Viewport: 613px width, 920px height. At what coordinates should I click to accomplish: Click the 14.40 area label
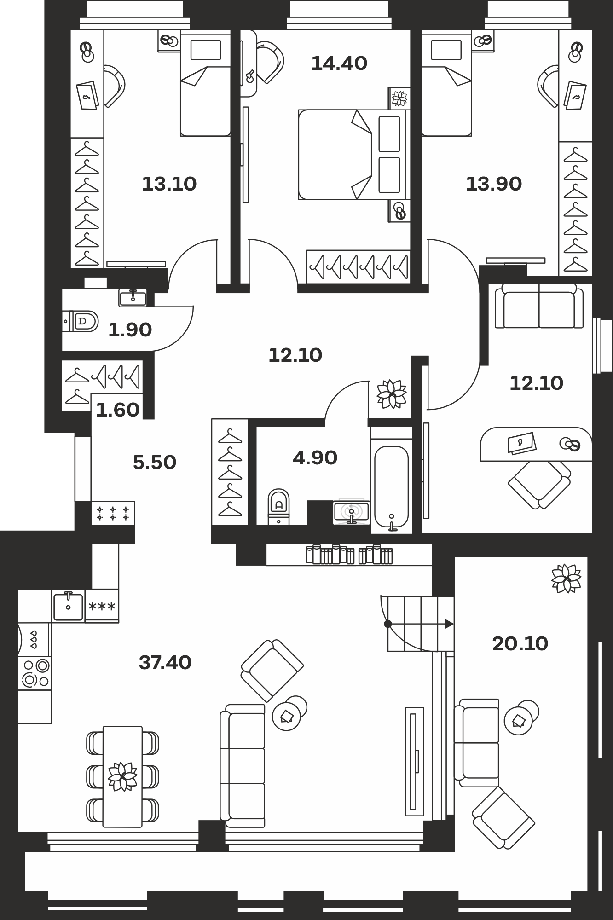point(339,64)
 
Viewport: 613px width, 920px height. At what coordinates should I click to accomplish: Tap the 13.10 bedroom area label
point(169,184)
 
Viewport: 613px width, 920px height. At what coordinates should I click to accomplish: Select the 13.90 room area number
point(494,184)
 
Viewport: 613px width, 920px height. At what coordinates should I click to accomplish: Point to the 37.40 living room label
point(165,663)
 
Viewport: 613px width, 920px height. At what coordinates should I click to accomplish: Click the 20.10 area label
point(520,644)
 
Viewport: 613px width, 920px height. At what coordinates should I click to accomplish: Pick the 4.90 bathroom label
point(315,458)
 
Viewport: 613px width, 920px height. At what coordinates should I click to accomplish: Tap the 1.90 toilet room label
point(130,330)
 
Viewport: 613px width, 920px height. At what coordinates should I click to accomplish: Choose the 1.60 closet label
point(118,410)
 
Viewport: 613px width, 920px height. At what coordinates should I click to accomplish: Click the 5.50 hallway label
point(155,462)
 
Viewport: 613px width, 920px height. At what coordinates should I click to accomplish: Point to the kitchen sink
point(68,606)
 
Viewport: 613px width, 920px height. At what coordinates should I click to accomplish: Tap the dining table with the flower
point(122,776)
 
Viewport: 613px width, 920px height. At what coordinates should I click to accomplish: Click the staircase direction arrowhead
point(449,624)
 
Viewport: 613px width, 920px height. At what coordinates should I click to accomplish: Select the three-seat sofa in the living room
point(243,766)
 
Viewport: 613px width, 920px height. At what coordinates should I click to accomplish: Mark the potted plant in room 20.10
point(566,578)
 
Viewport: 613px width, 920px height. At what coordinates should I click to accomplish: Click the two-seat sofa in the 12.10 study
point(539,306)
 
